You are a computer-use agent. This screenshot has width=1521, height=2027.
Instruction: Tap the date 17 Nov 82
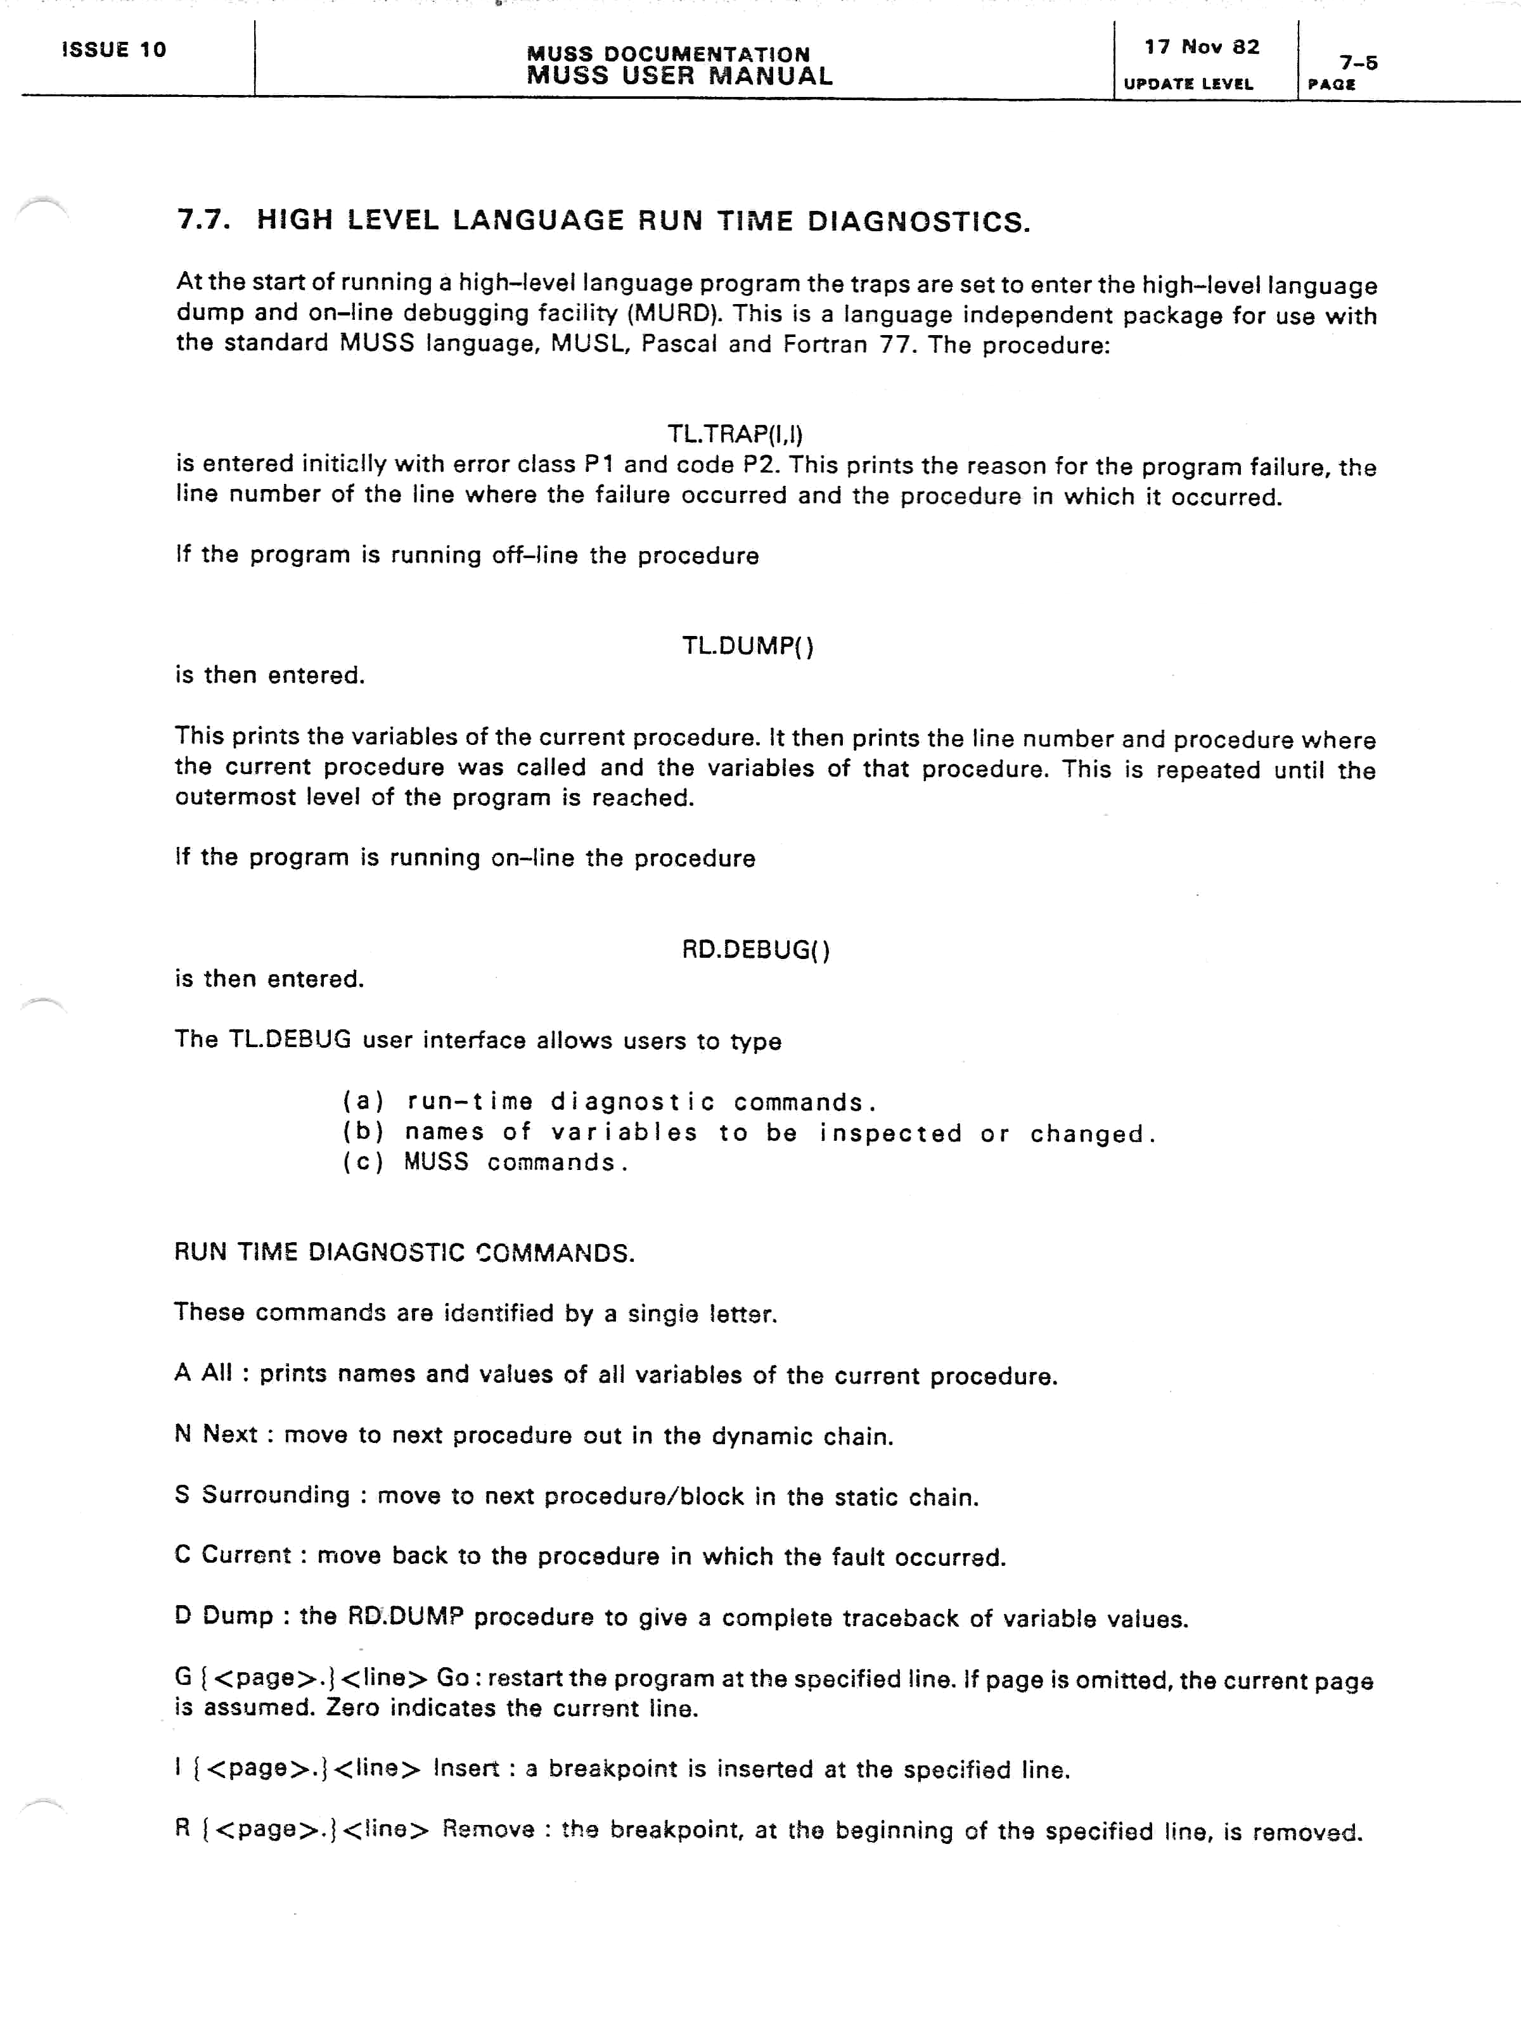tap(1201, 47)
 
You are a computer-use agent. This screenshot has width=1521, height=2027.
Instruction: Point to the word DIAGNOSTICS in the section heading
tap(919, 222)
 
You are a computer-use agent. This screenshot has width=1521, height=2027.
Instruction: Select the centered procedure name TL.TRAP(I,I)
tap(735, 433)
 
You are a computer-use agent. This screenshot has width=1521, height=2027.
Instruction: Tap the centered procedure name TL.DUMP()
tap(747, 646)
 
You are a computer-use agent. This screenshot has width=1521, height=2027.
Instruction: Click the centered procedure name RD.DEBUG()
tap(755, 950)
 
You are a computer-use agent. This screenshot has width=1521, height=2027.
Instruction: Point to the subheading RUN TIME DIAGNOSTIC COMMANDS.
tap(404, 1253)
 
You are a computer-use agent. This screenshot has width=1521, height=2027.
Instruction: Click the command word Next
tap(230, 1434)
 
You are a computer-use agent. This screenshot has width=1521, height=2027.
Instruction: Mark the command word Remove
tap(489, 1829)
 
